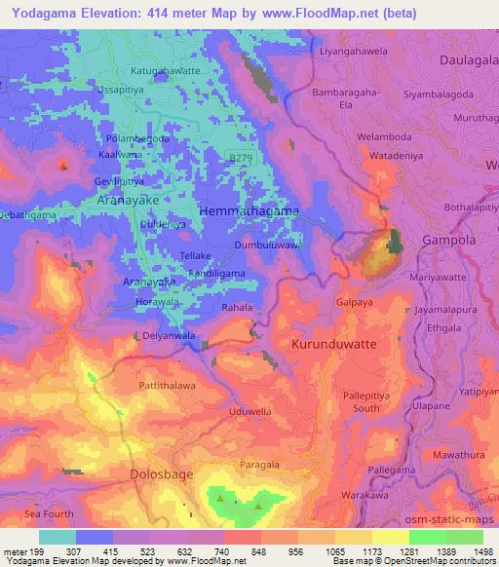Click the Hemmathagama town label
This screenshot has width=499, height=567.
tap(248, 210)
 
